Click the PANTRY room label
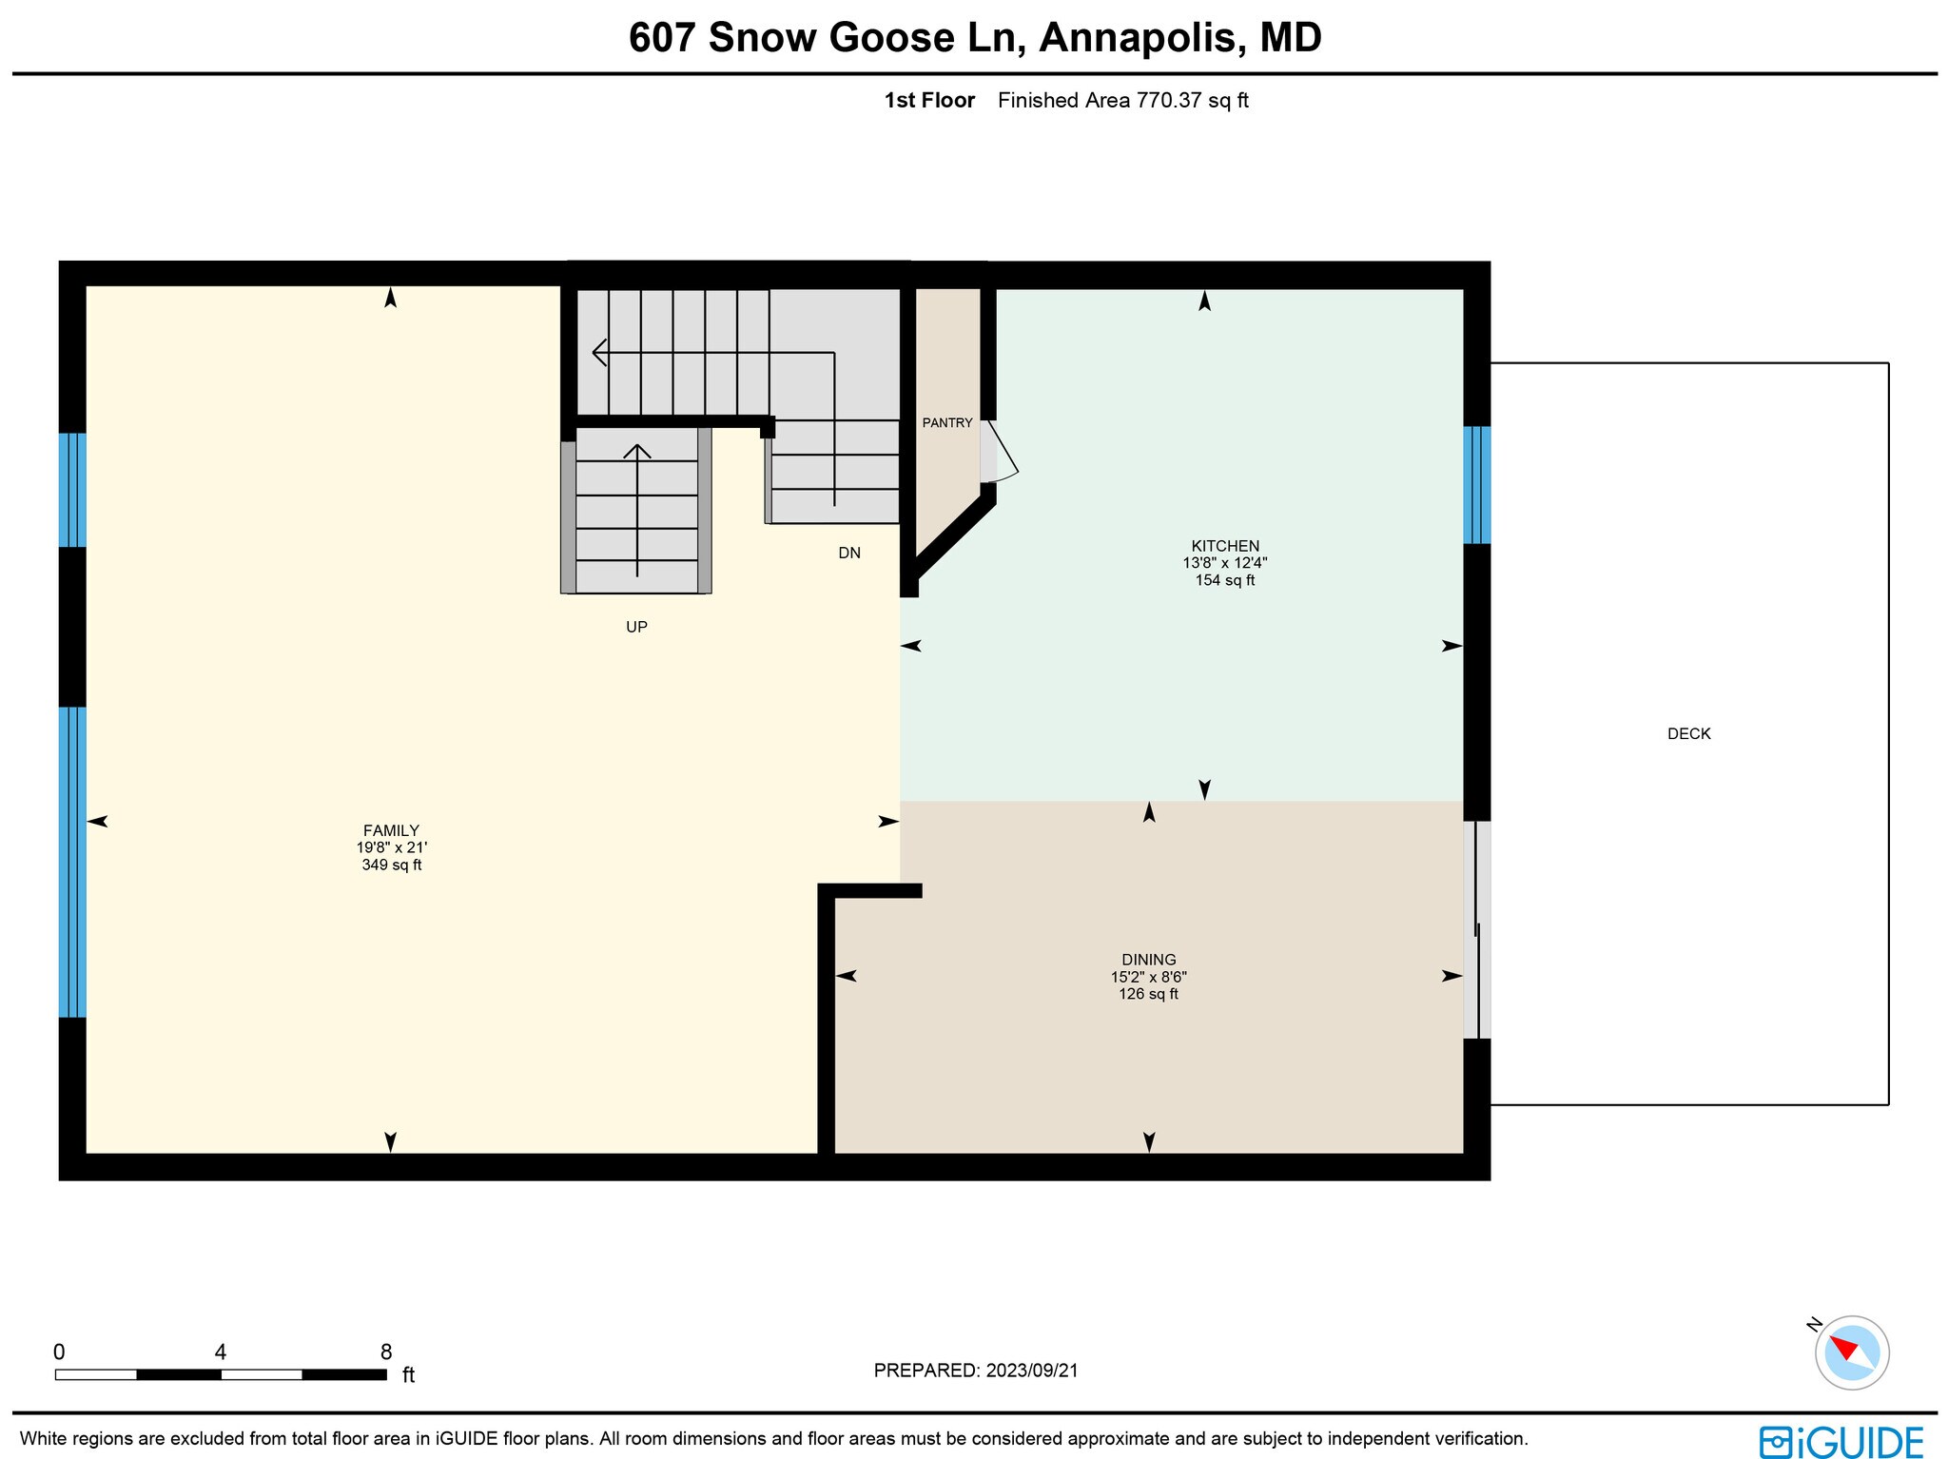tap(947, 423)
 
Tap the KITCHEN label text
tap(1225, 546)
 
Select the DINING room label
tap(1148, 960)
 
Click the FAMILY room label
tap(391, 830)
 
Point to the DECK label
tap(1689, 733)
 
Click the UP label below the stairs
tap(636, 627)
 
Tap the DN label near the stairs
tap(849, 553)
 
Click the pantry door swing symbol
tap(1000, 452)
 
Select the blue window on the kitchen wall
tap(1476, 485)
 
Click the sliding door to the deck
tap(1476, 929)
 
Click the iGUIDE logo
tap(1841, 1441)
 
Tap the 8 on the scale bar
tap(386, 1352)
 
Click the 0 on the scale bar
tap(59, 1352)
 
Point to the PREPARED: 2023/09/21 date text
tap(976, 1371)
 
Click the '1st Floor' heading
tap(929, 101)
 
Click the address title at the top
tap(975, 38)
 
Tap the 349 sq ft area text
tap(391, 866)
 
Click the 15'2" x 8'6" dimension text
tap(1148, 977)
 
